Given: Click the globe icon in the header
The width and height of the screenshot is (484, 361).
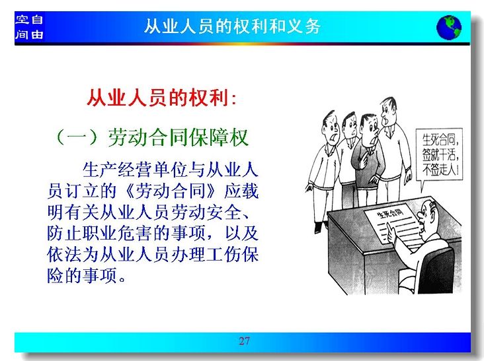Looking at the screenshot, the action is tap(449, 28).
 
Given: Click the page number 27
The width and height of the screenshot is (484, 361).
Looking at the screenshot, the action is tap(244, 341).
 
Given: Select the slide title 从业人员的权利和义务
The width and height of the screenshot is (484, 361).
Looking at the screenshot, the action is tap(233, 26).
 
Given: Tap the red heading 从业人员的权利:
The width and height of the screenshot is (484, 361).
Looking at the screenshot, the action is tap(162, 98).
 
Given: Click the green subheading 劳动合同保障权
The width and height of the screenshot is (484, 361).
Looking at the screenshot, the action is tap(178, 137).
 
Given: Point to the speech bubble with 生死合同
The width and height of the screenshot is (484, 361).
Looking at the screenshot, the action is tap(438, 156).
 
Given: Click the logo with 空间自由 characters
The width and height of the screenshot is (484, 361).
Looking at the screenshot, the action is tap(29, 27).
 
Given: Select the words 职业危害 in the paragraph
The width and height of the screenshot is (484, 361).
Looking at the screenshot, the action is tap(118, 233).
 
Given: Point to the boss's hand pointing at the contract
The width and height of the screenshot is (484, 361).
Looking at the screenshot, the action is tap(391, 232).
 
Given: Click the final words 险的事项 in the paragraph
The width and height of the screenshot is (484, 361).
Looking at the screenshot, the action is tap(82, 276).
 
